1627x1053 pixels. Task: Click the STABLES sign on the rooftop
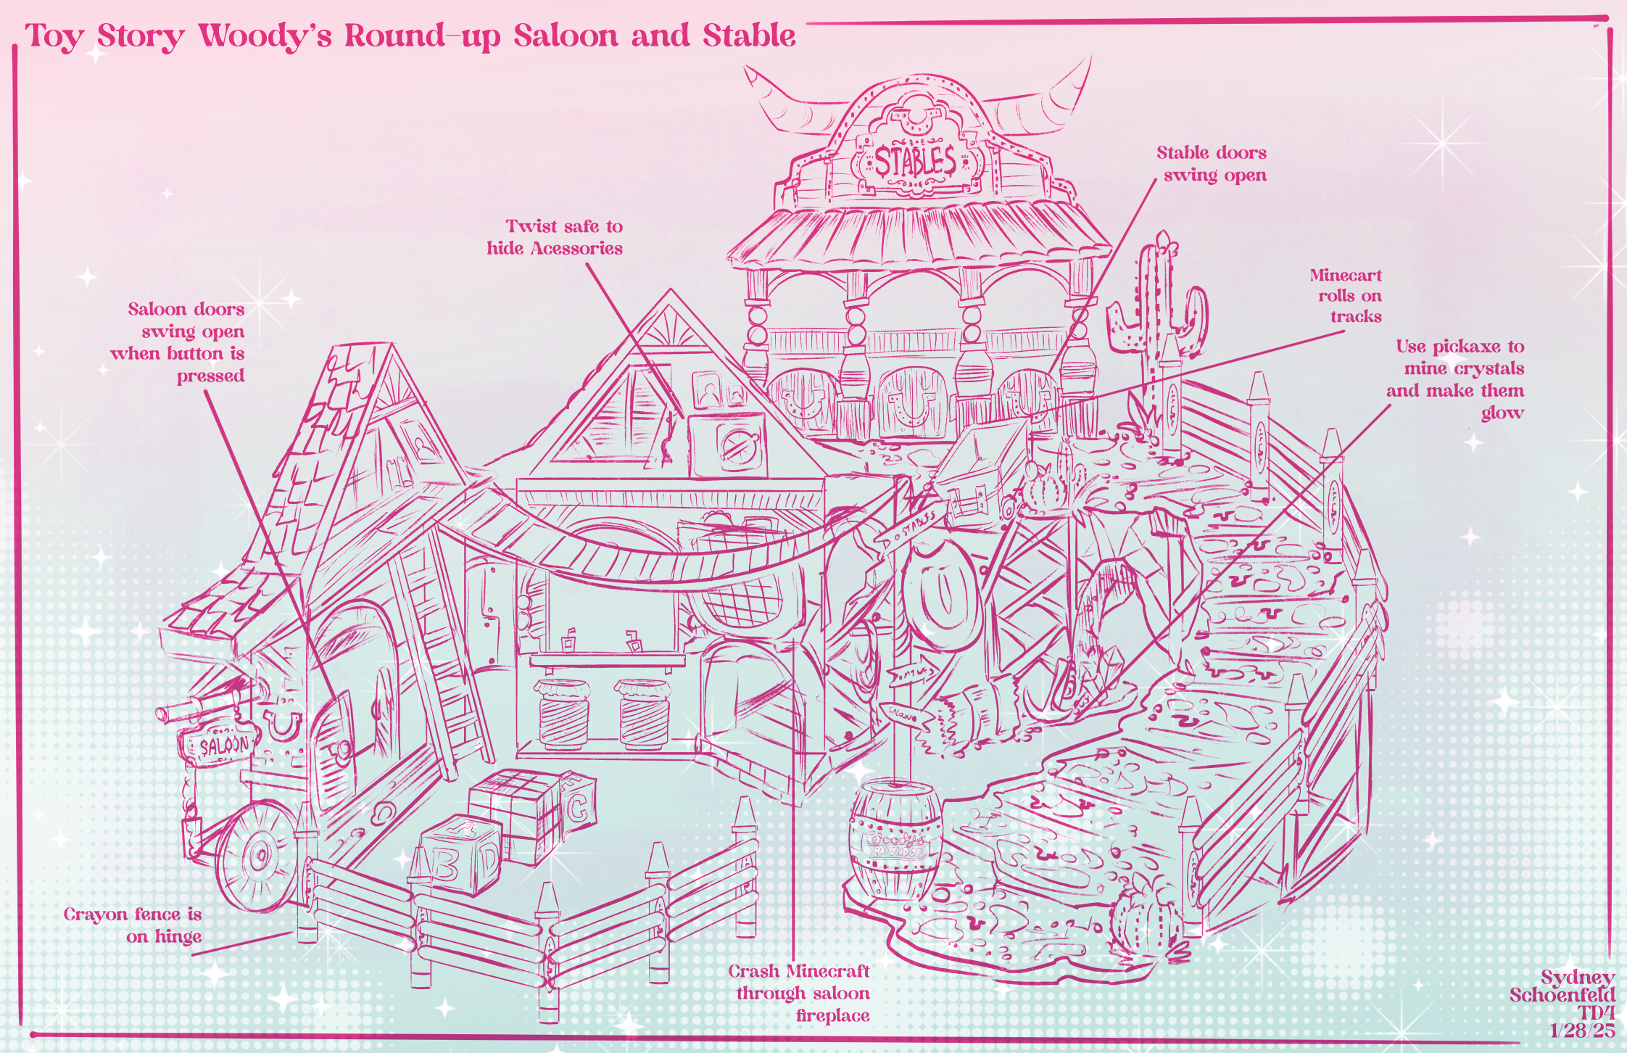(915, 161)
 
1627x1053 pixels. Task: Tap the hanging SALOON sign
(223, 745)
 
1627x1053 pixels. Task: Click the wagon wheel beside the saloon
(257, 856)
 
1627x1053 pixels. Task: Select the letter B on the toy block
(444, 863)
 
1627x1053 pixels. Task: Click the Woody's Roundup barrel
(897, 841)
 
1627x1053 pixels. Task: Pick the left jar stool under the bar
(564, 714)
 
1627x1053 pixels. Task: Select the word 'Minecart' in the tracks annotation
(1346, 276)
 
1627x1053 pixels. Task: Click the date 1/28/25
(1582, 1031)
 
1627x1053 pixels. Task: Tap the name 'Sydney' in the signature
(1577, 978)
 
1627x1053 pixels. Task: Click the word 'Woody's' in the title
(265, 36)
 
